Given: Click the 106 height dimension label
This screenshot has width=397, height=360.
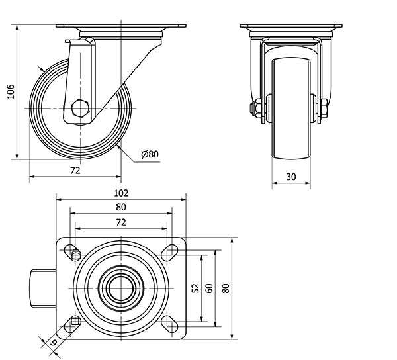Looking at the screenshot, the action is coord(11,91).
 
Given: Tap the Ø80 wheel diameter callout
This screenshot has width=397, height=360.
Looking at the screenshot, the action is coord(150,154).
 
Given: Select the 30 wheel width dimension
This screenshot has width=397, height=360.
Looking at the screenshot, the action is coord(291,177).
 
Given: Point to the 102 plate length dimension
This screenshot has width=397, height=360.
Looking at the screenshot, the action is coord(121,193).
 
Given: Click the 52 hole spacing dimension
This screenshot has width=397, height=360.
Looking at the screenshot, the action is coord(196,289).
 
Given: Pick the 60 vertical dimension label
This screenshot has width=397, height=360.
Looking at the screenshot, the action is coord(209,289).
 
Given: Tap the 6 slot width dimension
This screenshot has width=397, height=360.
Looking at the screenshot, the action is coord(54,343).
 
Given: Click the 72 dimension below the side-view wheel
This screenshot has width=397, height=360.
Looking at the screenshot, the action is coord(75,171).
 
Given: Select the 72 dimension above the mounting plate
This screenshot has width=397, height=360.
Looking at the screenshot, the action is coord(121,222).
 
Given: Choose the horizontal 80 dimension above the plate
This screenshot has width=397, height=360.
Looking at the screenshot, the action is coord(121,207).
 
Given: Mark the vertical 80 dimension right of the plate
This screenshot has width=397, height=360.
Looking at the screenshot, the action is coord(226,289).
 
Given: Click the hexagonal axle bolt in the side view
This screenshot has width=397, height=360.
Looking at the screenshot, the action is coord(80,109).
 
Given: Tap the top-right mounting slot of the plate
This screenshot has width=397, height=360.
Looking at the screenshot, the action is coord(169,252).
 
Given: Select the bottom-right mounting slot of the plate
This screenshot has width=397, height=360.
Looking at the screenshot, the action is coord(169,324).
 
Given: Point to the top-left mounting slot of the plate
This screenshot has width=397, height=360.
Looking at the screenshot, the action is coord(73,252).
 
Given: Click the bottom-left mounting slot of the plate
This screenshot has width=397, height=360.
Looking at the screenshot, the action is coord(73,324).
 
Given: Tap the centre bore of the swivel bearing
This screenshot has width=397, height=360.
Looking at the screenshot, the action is coord(121,289).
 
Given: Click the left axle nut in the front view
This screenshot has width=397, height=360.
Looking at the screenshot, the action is coord(257,109).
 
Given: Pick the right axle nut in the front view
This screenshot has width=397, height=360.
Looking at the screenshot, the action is coord(324,109).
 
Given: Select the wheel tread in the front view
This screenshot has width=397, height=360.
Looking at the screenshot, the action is coord(291,109).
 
